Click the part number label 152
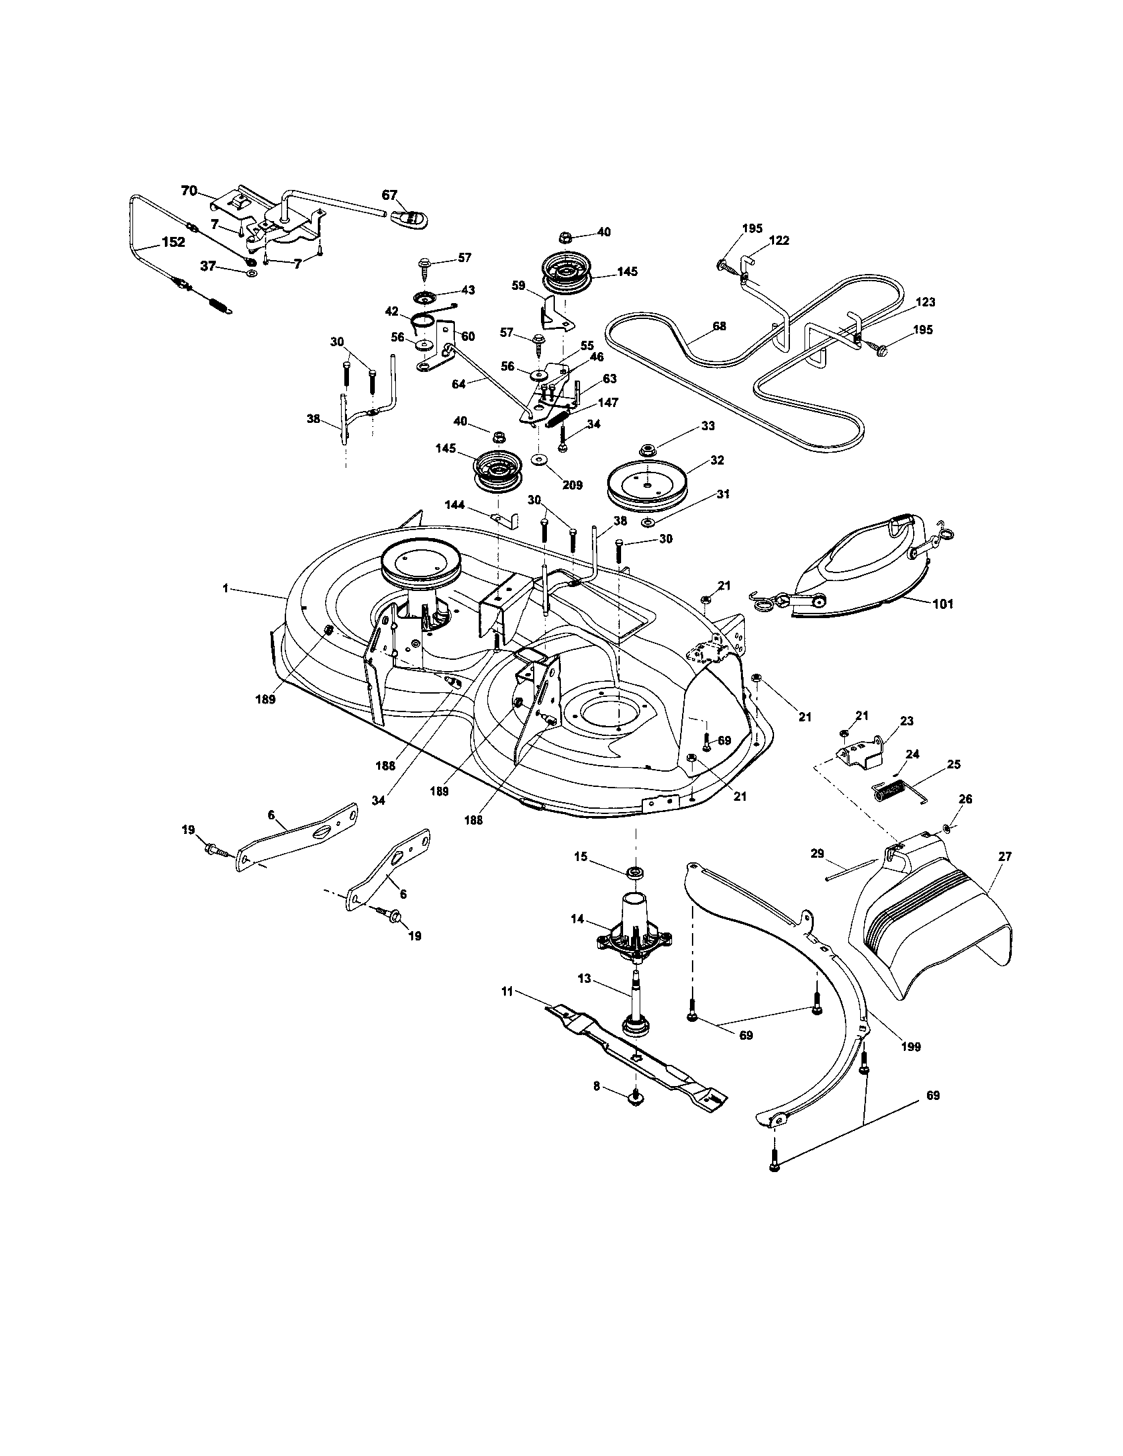click(173, 242)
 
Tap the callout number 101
click(942, 604)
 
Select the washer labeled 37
click(252, 273)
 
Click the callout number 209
click(571, 484)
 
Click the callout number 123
click(925, 302)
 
